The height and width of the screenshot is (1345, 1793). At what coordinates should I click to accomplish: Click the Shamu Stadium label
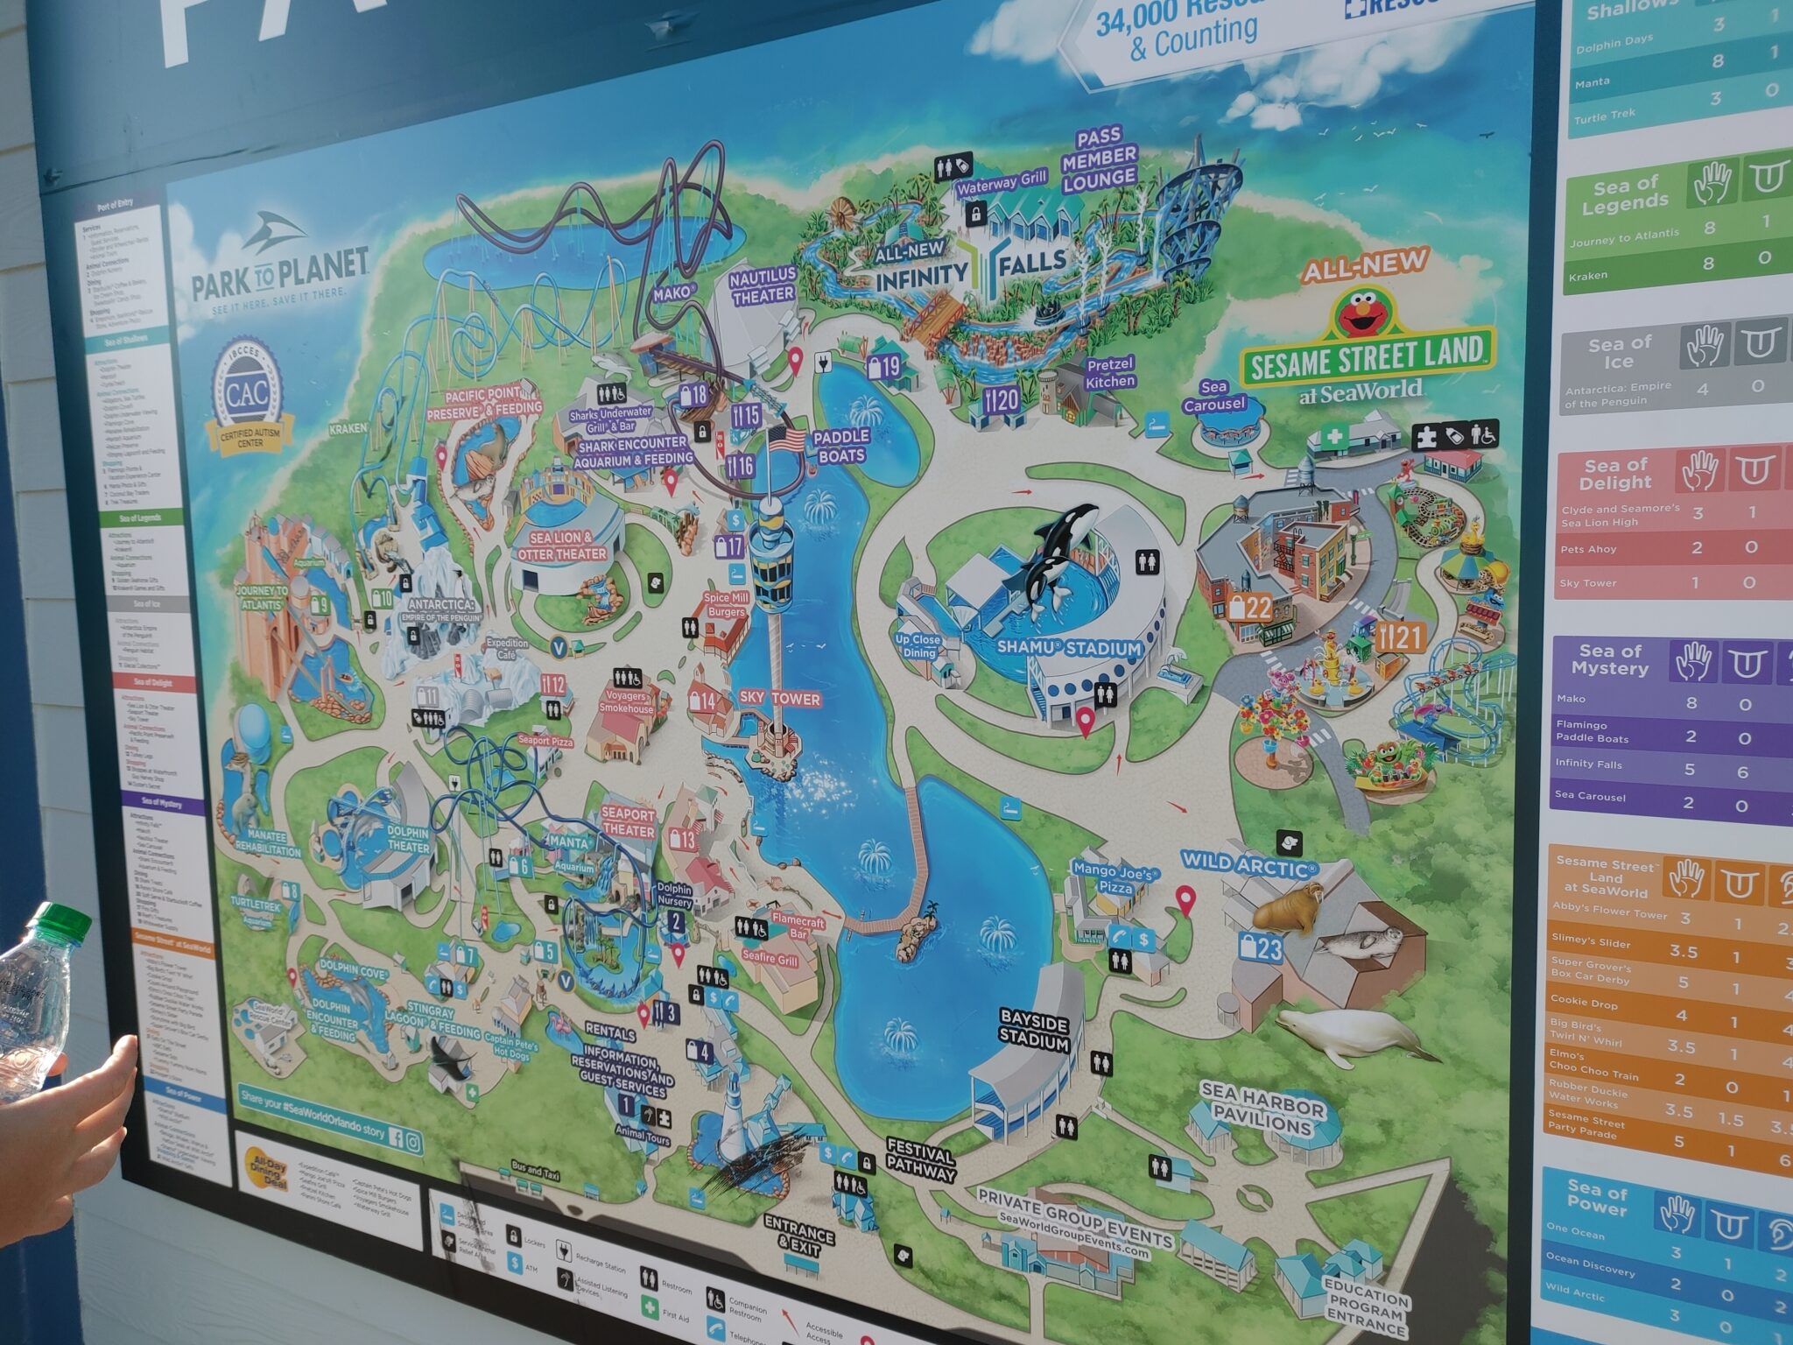[1069, 649]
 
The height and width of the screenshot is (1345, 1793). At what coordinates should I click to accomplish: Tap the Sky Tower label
[779, 699]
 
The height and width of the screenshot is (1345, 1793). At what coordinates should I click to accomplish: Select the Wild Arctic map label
[1248, 863]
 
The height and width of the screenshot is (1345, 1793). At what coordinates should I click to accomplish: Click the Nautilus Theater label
[763, 285]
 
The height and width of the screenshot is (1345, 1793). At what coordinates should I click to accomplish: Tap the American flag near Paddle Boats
[785, 440]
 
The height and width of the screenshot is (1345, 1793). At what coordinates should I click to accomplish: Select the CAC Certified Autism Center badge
[248, 397]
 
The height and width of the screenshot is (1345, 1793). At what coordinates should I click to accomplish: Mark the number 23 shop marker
[1260, 947]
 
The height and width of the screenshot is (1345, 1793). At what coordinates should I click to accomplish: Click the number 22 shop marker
[1250, 608]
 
